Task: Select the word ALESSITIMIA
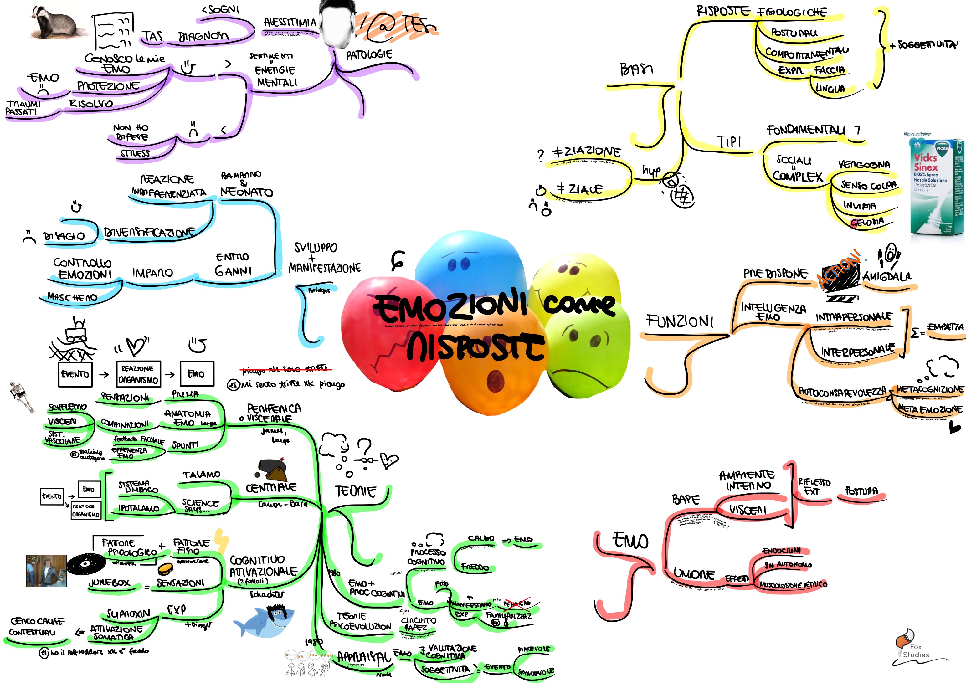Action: point(290,22)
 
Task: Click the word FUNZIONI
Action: point(680,322)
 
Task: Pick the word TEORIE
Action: point(356,491)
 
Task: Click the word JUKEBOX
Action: point(109,583)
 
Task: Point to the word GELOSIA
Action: point(867,222)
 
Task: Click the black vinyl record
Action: point(86,564)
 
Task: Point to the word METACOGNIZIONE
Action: point(929,389)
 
